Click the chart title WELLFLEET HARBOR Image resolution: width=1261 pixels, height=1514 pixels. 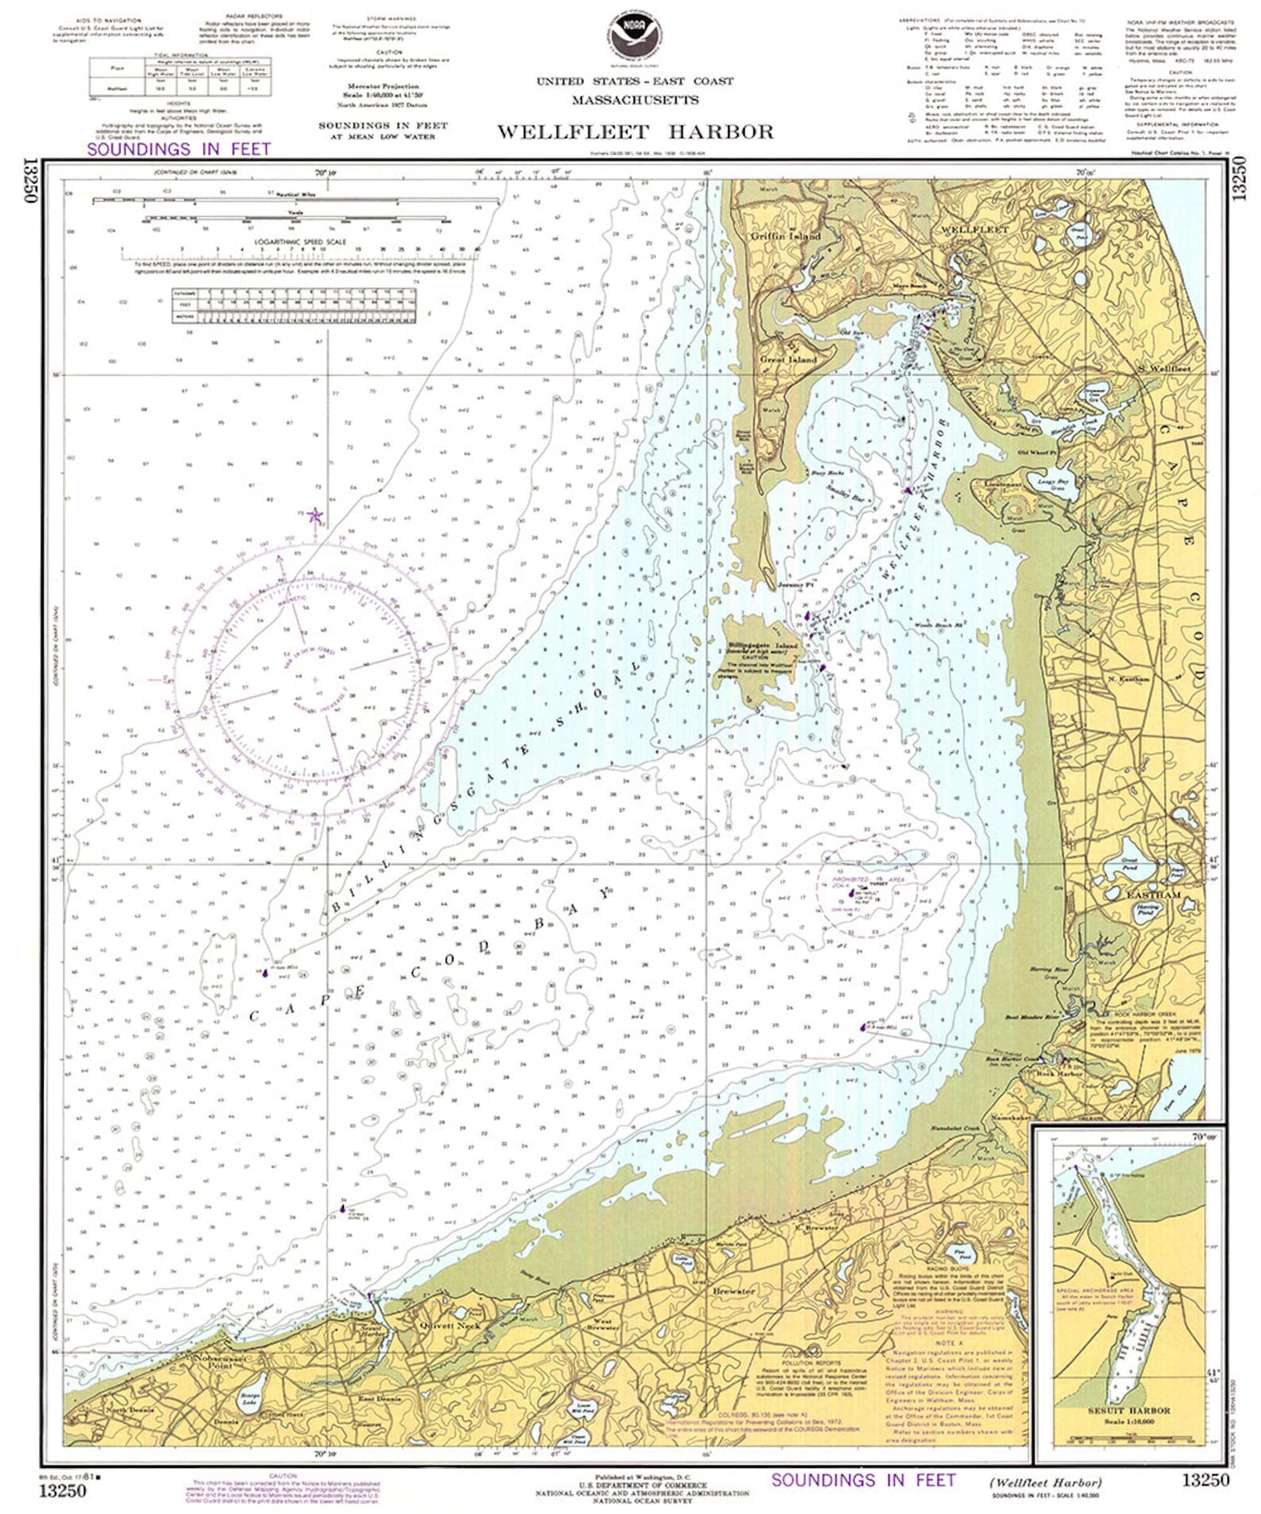click(635, 132)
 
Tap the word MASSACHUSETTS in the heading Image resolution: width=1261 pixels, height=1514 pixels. click(635, 100)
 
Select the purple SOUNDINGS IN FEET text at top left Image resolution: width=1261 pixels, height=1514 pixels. click(179, 149)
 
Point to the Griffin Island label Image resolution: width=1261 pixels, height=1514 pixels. click(785, 236)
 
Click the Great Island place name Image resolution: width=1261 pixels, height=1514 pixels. click(788, 359)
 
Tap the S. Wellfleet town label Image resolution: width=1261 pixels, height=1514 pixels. click(1164, 369)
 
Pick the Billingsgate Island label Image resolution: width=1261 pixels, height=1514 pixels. click(762, 646)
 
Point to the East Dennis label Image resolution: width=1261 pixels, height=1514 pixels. click(378, 1399)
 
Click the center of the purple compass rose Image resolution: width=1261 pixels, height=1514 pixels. click(314, 680)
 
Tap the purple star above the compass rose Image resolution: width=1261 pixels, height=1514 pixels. click(315, 516)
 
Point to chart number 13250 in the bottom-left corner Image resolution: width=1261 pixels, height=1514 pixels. click(62, 1491)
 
